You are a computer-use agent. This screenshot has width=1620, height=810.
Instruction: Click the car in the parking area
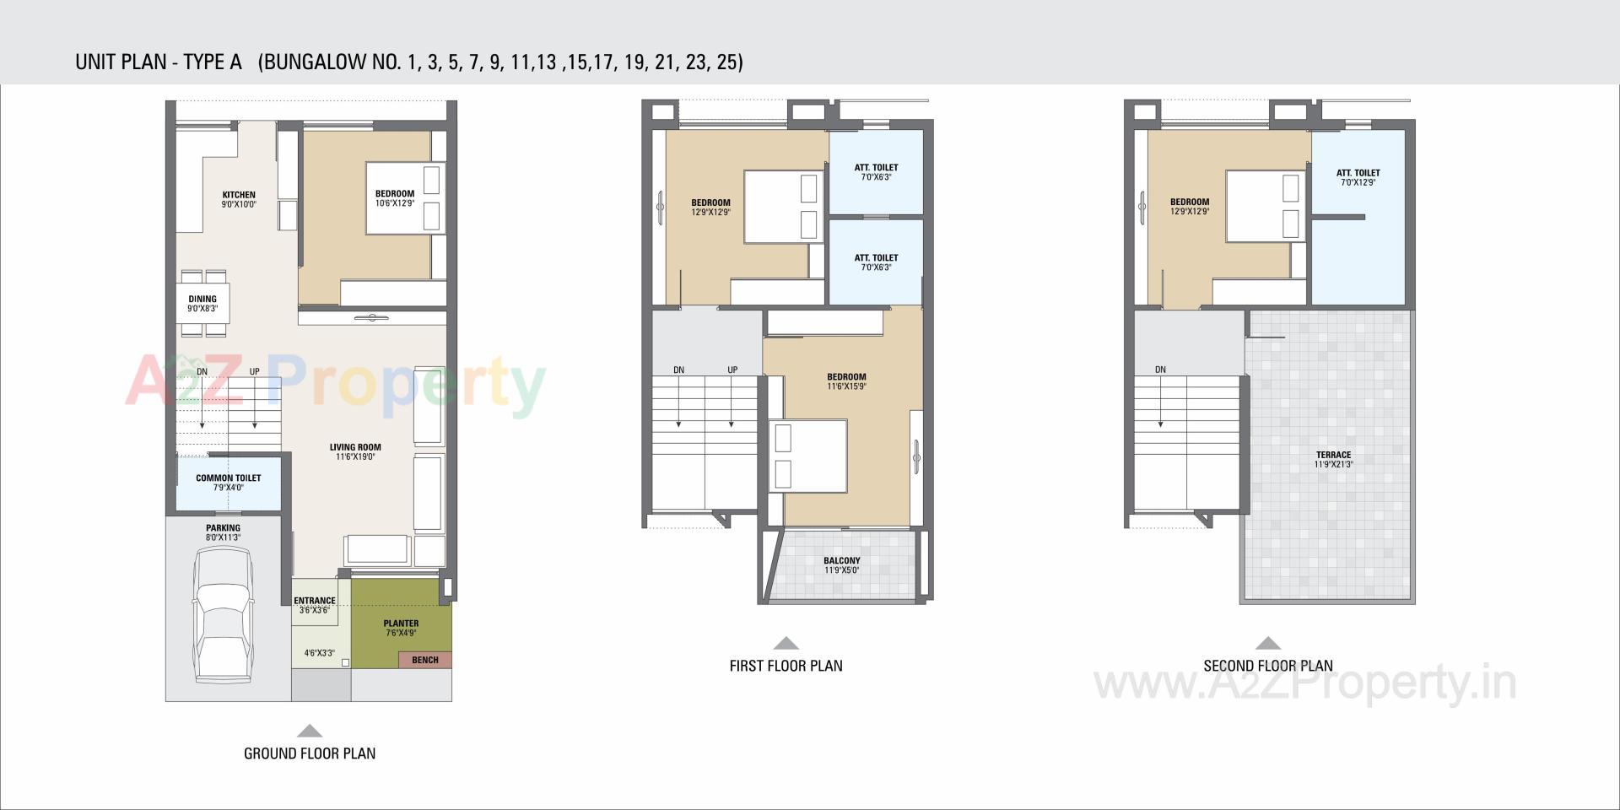pyautogui.click(x=223, y=614)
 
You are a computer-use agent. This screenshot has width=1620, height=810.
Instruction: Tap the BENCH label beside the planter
pyautogui.click(x=425, y=660)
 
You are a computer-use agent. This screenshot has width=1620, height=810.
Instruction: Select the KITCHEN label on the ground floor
pyautogui.click(x=239, y=195)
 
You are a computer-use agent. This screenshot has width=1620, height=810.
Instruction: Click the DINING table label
pyautogui.click(x=202, y=299)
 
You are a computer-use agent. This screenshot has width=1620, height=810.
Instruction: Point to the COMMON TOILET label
pyautogui.click(x=228, y=478)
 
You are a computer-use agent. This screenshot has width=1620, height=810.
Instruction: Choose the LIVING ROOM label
pyautogui.click(x=355, y=448)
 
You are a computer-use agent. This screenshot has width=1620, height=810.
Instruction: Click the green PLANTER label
pyautogui.click(x=401, y=624)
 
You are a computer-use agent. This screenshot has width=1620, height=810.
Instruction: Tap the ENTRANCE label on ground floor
pyautogui.click(x=315, y=602)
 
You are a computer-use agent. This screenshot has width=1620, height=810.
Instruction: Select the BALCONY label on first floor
pyautogui.click(x=842, y=561)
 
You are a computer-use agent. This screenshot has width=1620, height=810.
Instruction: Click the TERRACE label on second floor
pyautogui.click(x=1333, y=456)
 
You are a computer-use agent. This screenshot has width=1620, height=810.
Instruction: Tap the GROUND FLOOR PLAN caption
pyautogui.click(x=310, y=753)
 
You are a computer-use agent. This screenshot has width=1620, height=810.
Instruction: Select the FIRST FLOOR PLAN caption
pyautogui.click(x=786, y=666)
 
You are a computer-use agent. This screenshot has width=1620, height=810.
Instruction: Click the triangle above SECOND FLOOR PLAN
pyautogui.click(x=1267, y=643)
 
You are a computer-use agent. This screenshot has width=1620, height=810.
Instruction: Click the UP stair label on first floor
pyautogui.click(x=732, y=370)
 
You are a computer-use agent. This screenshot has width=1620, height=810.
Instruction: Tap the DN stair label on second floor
pyautogui.click(x=1160, y=370)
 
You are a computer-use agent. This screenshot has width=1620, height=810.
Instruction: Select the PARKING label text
pyautogui.click(x=224, y=528)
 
